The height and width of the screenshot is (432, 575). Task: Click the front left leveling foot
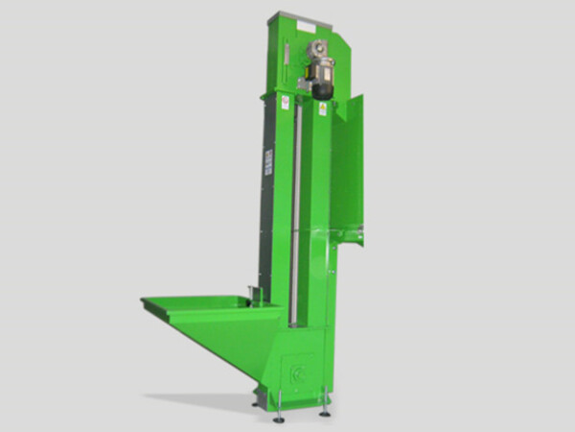pyautogui.click(x=278, y=416)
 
